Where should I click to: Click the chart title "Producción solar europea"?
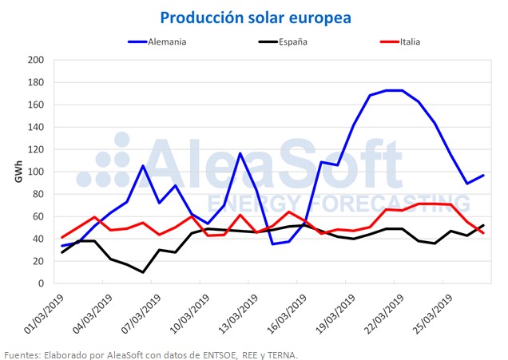coord(256,18)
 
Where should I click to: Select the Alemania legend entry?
coord(157,42)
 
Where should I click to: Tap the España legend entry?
coord(283,42)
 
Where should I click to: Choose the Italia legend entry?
coord(400,42)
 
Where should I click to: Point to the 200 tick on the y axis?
coord(36,60)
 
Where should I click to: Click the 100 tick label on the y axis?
coord(36,172)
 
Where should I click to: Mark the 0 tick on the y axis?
coord(41,283)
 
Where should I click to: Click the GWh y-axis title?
coord(19,172)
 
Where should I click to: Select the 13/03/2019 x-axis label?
coord(238,314)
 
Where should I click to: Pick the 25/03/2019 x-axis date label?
coord(432,314)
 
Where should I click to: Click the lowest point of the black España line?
coord(143,272)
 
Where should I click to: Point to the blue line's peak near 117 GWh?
coord(240,153)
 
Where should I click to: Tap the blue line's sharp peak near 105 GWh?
coord(143,166)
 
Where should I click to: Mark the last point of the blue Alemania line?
coord(483,176)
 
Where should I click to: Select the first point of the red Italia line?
coord(62,237)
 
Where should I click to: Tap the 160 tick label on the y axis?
coord(36,105)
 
